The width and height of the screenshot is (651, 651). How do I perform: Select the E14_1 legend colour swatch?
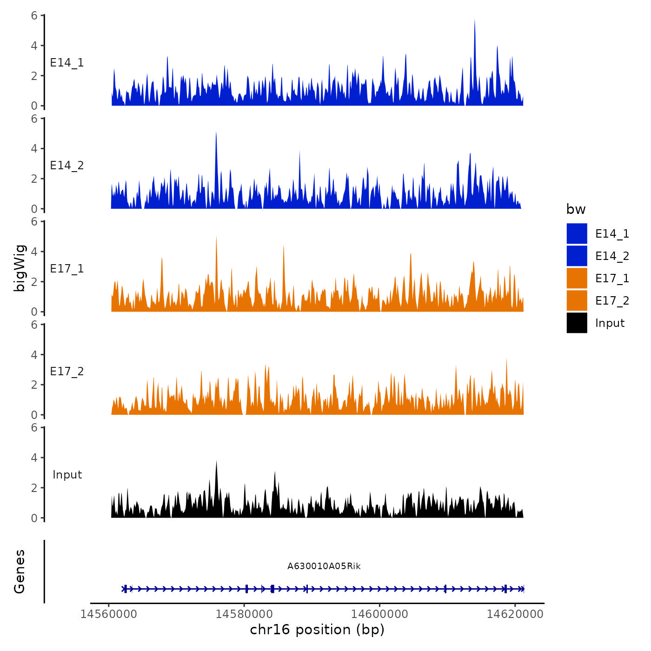tap(577, 233)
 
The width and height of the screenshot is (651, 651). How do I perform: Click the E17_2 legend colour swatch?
tap(577, 300)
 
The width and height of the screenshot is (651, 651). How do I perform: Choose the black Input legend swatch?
tap(577, 323)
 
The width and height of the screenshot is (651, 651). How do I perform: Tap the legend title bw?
tap(576, 209)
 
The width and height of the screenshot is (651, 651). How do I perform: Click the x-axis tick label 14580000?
tap(244, 614)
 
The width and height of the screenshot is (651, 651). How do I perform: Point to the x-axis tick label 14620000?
tap(515, 614)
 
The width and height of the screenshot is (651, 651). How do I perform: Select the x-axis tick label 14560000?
tap(109, 614)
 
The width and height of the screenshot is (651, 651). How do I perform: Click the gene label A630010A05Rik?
tap(324, 566)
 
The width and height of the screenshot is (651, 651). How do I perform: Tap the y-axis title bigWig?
tap(20, 268)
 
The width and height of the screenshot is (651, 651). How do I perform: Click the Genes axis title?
tap(20, 571)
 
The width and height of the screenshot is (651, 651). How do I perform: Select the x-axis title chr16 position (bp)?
tap(317, 630)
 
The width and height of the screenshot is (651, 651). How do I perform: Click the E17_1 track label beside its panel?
tap(67, 268)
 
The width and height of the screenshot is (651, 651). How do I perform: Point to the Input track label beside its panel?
tap(67, 474)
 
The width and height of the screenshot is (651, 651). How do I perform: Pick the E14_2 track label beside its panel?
tap(67, 166)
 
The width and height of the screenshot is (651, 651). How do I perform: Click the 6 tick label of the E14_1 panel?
tap(34, 15)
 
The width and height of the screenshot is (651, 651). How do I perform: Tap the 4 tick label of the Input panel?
tap(34, 458)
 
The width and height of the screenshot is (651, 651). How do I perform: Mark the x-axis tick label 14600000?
tap(379, 614)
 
